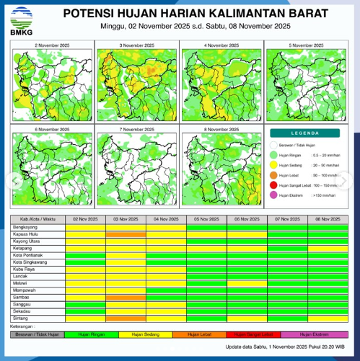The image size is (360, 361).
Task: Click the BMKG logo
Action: pyautogui.click(x=17, y=18)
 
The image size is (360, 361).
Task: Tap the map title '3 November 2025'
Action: pyautogui.click(x=136, y=45)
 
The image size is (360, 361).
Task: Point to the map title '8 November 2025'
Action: pyautogui.click(x=221, y=129)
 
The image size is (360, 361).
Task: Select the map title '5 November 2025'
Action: pyautogui.click(x=307, y=45)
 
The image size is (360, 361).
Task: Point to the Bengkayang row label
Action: pyautogui.click(x=26, y=226)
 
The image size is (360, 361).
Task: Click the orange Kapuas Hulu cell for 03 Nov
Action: pyautogui.click(x=126, y=234)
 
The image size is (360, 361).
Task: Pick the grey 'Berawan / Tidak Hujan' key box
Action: pyautogui.click(x=38, y=334)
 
